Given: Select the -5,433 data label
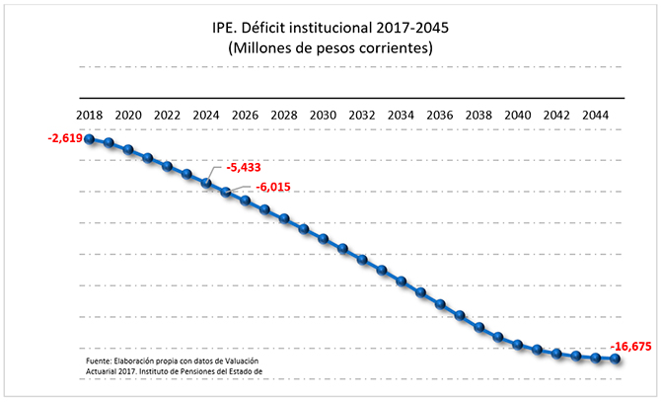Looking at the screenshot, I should [243, 168].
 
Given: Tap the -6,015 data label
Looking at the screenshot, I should [273, 187].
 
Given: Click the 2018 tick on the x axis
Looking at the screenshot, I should [90, 116].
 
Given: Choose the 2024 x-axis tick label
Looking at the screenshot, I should [205, 116].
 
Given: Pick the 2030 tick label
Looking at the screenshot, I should [323, 116].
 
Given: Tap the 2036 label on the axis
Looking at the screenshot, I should [439, 116].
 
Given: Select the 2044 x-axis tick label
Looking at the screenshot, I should [595, 116].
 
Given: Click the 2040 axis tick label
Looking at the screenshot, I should [517, 116].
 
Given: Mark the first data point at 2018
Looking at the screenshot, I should [90, 139].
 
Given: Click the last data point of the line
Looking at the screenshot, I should [616, 359].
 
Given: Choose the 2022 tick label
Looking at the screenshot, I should [167, 116].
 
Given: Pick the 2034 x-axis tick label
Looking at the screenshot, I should [401, 116].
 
